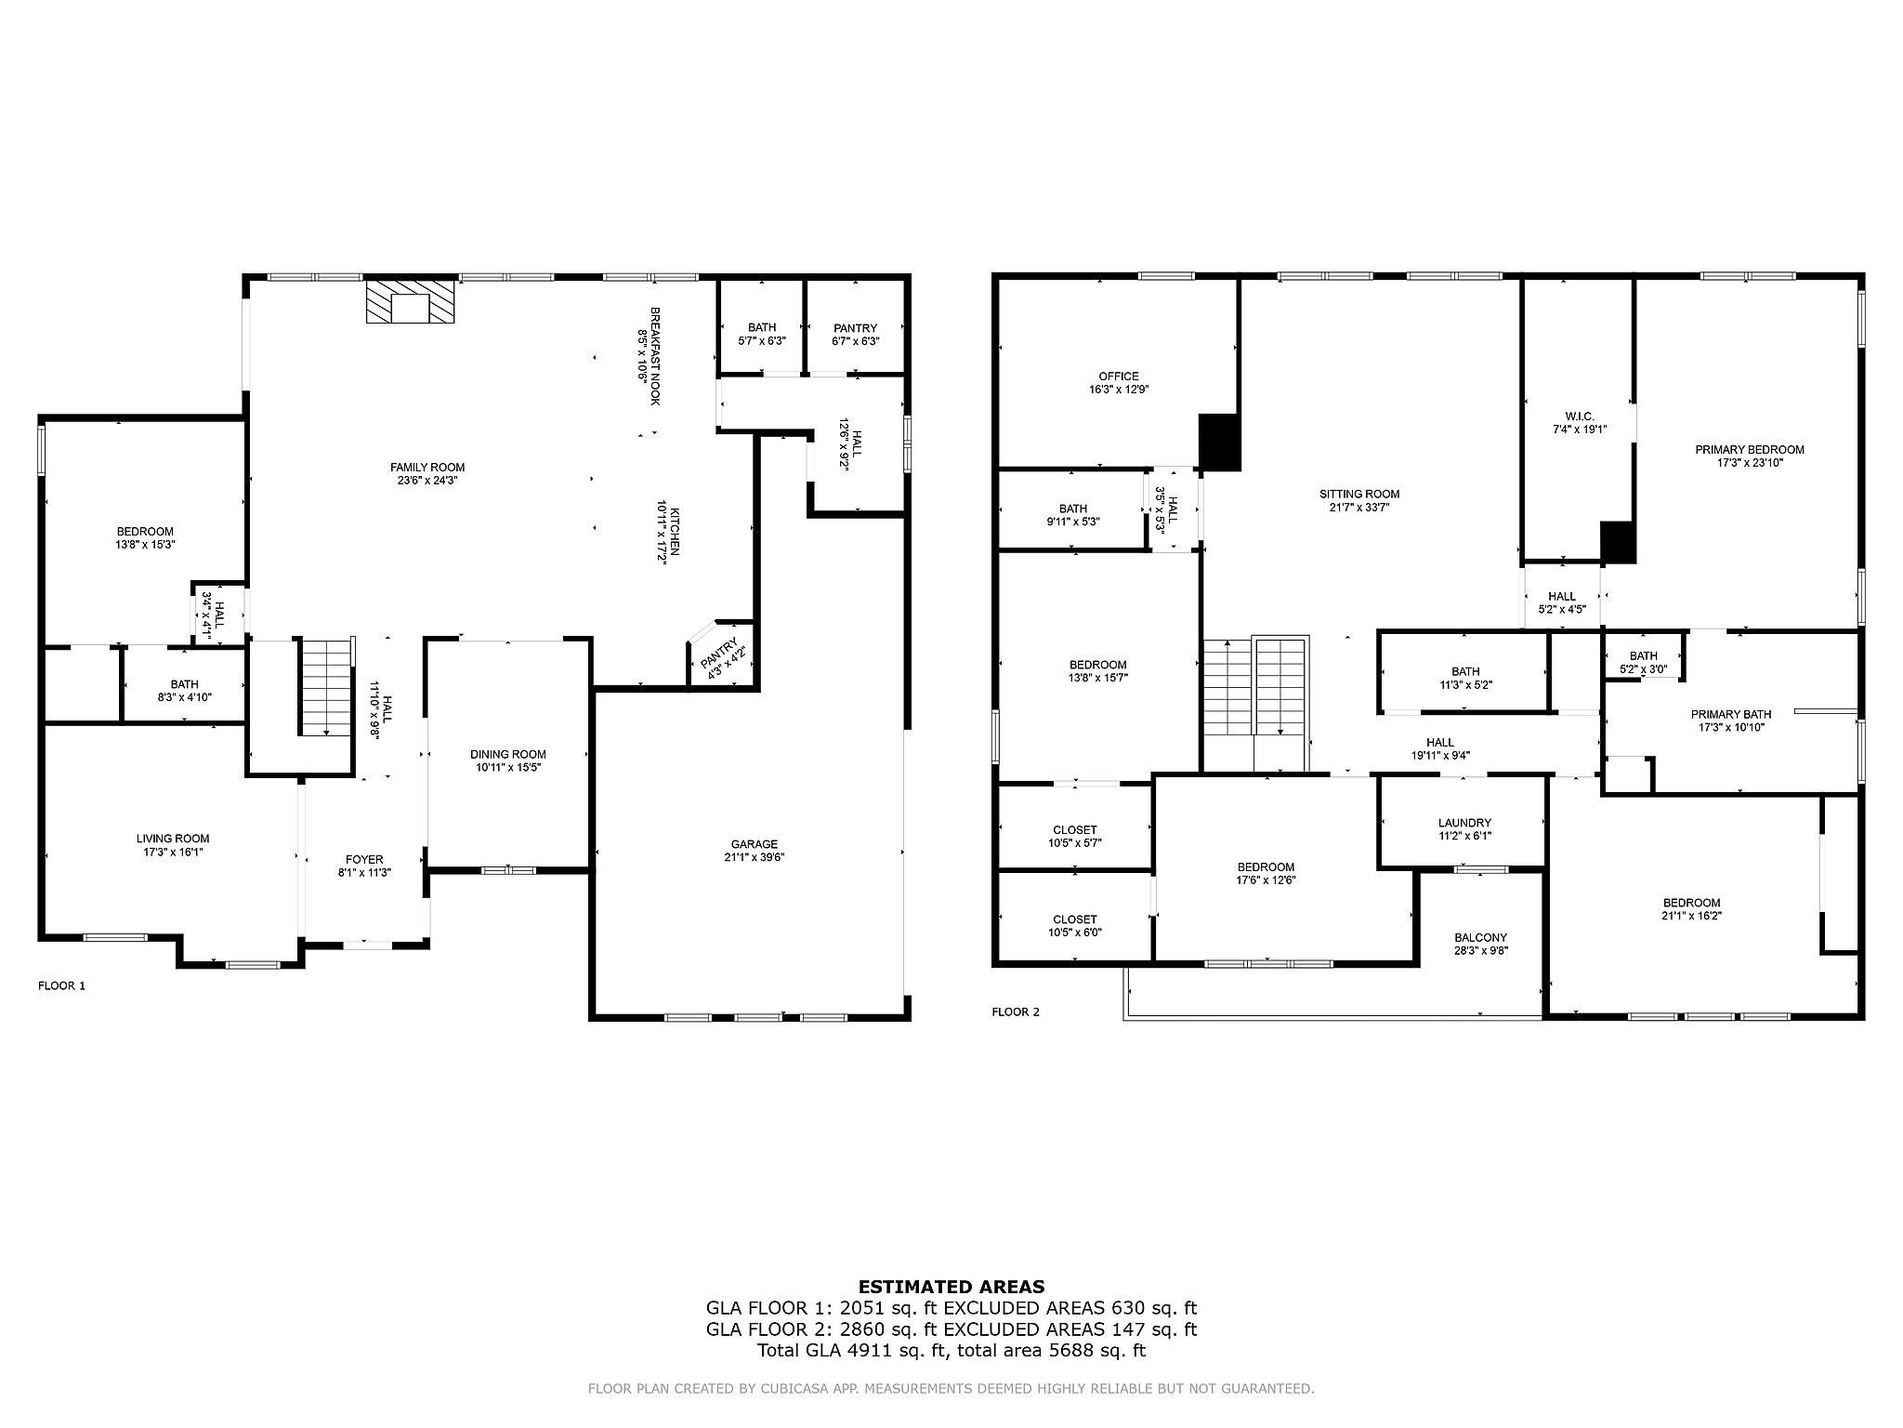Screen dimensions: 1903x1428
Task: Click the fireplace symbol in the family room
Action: point(411,301)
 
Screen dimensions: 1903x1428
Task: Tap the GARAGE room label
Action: point(754,844)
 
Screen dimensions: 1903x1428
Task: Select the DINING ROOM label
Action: point(508,754)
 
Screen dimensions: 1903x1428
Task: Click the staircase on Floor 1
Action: point(326,687)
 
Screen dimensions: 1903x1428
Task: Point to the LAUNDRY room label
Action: point(1464,823)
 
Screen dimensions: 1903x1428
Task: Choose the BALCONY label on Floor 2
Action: point(1480,937)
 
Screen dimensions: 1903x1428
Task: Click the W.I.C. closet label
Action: point(1580,416)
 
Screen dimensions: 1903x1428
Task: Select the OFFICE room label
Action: point(1118,377)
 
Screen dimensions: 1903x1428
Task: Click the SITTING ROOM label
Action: point(1358,494)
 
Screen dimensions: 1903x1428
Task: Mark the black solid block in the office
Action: point(1219,442)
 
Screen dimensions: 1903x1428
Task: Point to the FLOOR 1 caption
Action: point(61,985)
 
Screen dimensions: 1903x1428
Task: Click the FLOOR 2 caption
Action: point(1016,1011)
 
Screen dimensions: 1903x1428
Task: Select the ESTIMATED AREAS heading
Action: point(951,1287)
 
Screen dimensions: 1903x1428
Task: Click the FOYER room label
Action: point(364,859)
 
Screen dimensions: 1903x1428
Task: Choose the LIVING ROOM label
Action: point(173,839)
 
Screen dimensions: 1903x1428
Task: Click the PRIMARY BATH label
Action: point(1731,715)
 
